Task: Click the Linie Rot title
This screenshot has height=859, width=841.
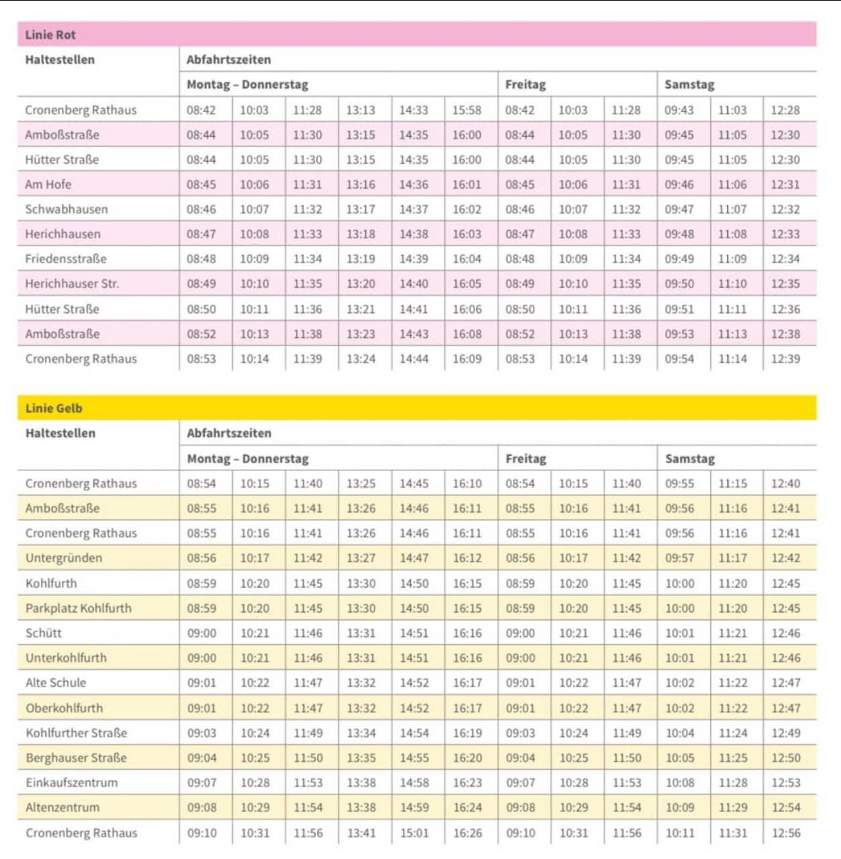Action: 50,35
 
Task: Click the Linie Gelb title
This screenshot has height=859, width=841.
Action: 54,408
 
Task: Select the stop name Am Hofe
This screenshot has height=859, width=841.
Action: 48,185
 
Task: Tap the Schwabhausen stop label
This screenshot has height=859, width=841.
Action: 66,209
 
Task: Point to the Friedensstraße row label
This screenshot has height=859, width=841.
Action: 66,259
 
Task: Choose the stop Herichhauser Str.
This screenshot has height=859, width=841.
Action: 72,284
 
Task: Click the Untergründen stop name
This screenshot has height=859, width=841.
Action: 64,558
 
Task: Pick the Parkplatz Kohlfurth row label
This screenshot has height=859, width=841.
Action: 79,609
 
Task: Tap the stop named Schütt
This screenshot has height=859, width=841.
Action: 44,634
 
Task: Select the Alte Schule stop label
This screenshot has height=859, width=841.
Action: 56,683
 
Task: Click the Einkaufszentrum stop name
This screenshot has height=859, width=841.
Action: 72,783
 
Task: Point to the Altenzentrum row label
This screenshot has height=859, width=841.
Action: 62,808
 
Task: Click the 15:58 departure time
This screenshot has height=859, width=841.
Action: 466,110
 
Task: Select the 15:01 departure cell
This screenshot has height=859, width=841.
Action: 414,833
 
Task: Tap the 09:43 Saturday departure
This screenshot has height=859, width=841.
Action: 679,110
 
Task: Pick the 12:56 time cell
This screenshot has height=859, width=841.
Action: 786,833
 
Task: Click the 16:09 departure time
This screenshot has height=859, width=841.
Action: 466,359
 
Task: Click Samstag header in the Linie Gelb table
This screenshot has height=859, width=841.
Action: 689,459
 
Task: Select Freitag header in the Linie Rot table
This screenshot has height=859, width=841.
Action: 526,85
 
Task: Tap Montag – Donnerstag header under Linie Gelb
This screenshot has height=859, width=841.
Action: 248,459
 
